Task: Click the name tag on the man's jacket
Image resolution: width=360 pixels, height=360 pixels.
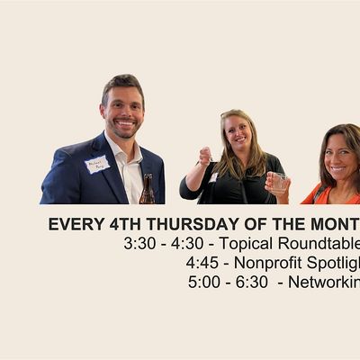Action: click(x=96, y=164)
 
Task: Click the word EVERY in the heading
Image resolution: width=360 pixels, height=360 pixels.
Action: click(x=72, y=224)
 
